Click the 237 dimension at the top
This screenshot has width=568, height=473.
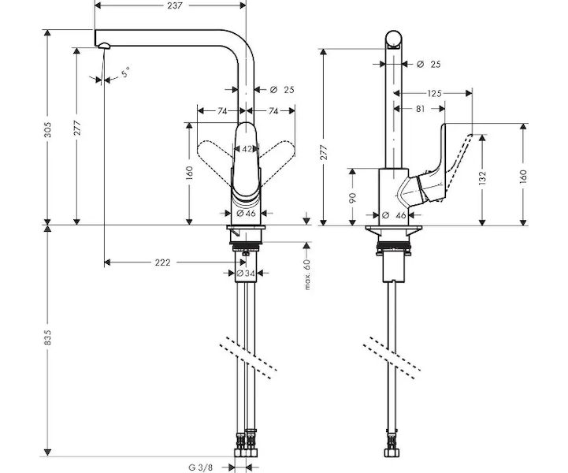click(x=175, y=6)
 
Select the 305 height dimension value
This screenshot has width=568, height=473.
click(x=47, y=130)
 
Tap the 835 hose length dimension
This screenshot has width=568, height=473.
click(x=48, y=337)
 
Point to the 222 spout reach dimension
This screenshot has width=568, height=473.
click(x=162, y=263)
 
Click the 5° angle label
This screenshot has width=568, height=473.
click(x=125, y=73)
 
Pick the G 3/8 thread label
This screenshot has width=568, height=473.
click(x=201, y=467)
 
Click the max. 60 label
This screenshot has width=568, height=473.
click(x=307, y=274)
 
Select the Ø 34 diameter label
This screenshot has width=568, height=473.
click(x=246, y=274)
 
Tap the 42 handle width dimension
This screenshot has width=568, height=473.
click(x=247, y=149)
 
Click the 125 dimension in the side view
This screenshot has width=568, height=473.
click(x=434, y=94)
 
